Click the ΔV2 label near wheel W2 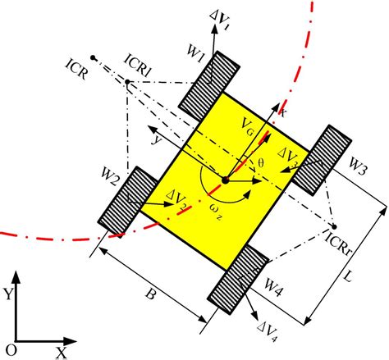click(x=176, y=197)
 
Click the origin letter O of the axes click(x=9, y=350)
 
